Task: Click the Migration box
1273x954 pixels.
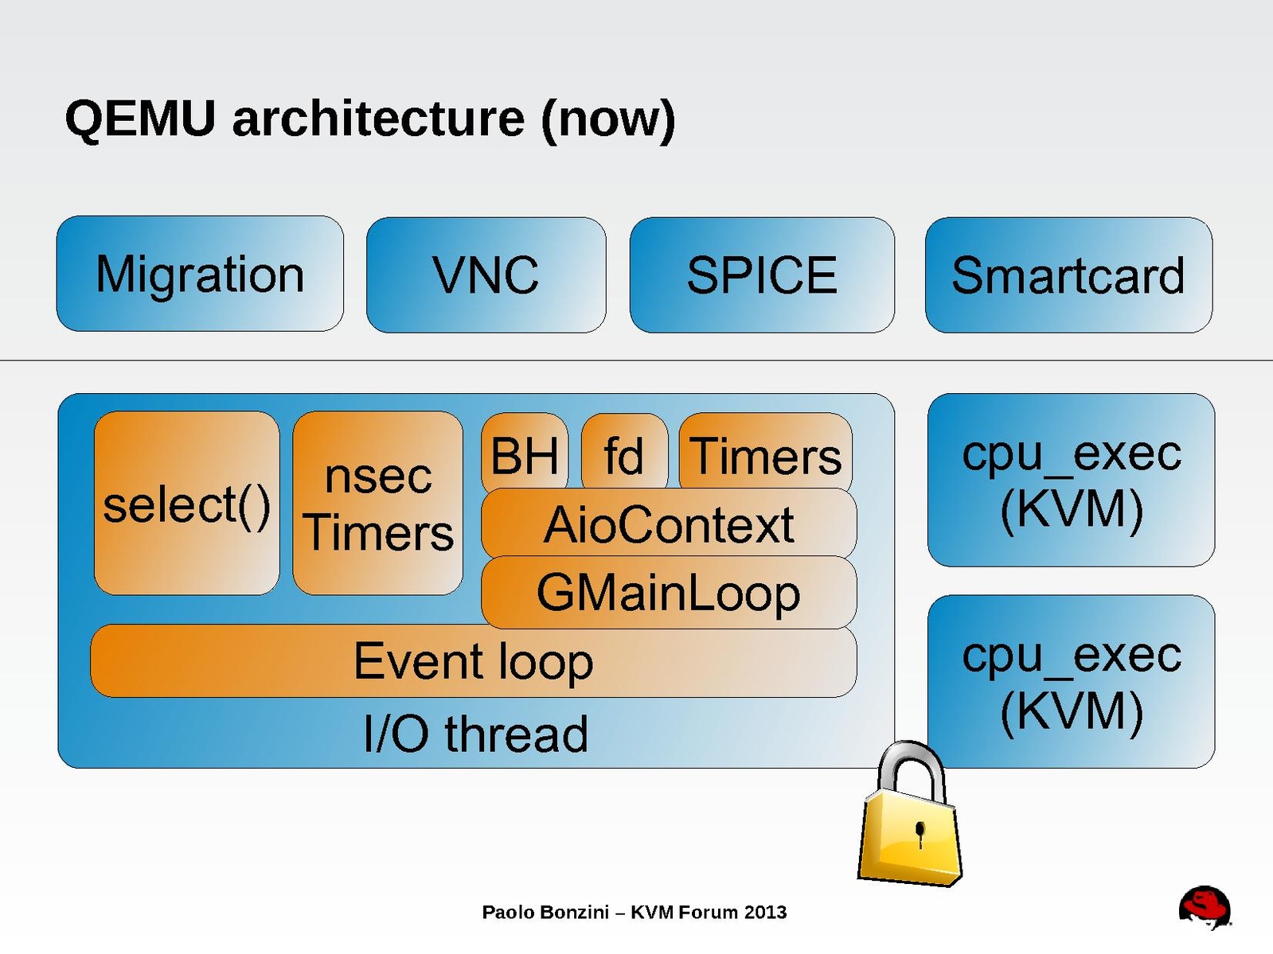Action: [x=200, y=274]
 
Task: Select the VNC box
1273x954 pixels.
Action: [x=486, y=275]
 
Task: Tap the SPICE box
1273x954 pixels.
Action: [x=762, y=275]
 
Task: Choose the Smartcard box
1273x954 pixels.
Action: [x=1068, y=275]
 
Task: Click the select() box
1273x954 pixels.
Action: [x=186, y=504]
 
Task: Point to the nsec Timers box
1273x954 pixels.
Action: [x=378, y=504]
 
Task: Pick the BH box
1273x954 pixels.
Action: [x=525, y=454]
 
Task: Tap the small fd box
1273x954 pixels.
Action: [x=624, y=454]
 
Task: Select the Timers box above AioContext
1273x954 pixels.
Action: [x=765, y=454]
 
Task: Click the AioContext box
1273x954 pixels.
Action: [x=669, y=524]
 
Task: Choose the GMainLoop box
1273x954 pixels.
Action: [x=669, y=593]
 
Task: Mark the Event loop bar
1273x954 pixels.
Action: [x=474, y=661]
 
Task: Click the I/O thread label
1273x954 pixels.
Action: [x=475, y=734]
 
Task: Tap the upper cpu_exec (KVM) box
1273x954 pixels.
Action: [x=1071, y=480]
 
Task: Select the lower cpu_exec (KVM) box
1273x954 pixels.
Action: [x=1071, y=682]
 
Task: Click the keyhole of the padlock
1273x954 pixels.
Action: [x=920, y=833]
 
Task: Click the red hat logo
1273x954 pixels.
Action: [x=1205, y=907]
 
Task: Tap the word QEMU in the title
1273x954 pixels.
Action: [x=140, y=119]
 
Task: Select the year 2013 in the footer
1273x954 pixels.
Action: [x=765, y=912]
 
